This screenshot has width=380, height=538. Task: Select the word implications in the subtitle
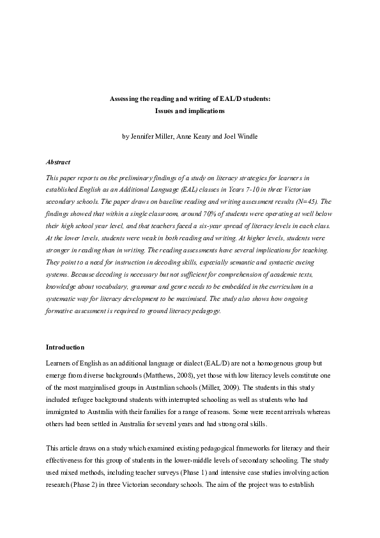click(x=205, y=111)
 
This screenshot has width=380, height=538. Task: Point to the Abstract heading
click(x=58, y=162)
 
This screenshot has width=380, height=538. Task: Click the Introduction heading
click(x=65, y=347)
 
